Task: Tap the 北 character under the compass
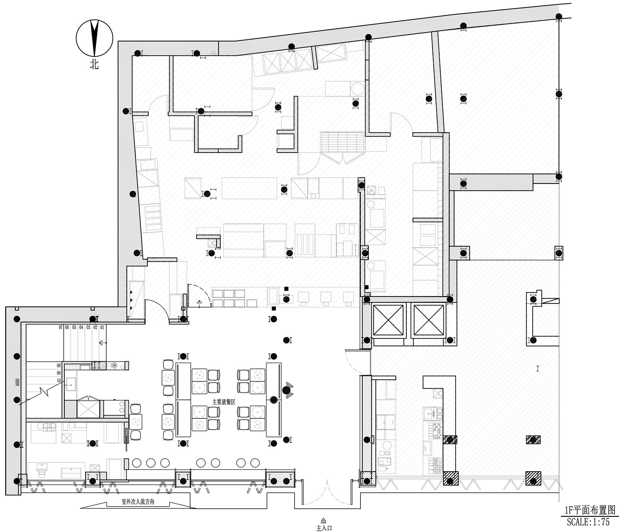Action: point(94,65)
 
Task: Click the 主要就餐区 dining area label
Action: point(225,402)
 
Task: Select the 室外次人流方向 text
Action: point(138,502)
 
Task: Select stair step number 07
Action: point(61,327)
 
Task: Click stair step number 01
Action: point(103,327)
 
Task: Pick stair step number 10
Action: point(59,381)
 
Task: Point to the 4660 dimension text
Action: point(17,383)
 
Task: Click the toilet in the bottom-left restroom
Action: point(42,470)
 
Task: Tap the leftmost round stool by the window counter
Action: point(137,463)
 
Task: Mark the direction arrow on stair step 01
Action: point(103,343)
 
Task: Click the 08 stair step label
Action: point(59,365)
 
